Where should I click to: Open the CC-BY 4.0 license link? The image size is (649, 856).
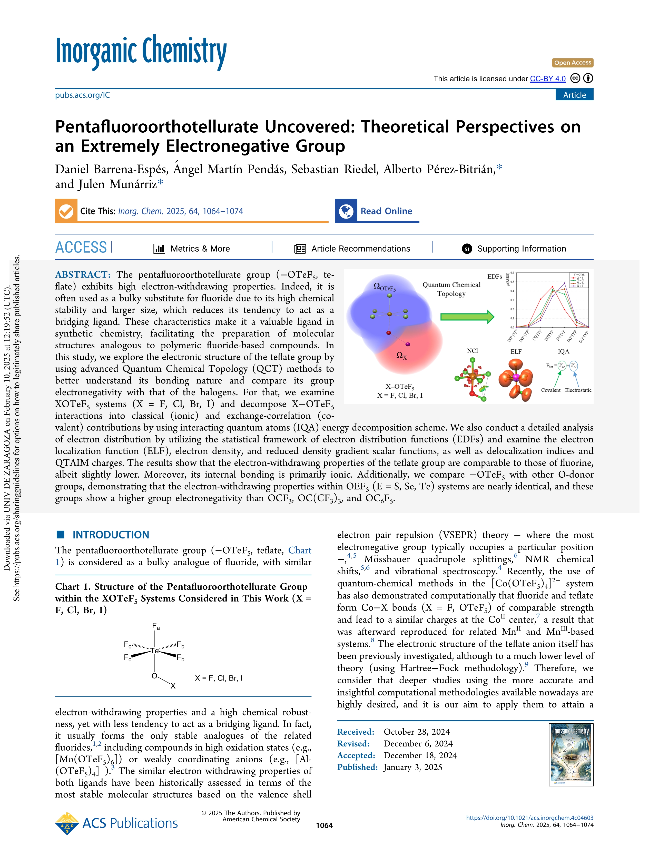click(548, 79)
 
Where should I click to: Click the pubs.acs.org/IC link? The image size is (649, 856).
click(82, 95)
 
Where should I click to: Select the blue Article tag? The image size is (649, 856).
click(574, 95)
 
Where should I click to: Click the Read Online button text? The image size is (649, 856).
click(386, 211)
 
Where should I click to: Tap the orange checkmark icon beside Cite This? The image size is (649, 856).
click(66, 211)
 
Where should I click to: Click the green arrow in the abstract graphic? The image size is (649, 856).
click(467, 317)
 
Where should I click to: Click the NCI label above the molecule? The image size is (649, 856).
click(472, 351)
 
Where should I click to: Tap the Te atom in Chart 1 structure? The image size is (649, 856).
click(154, 651)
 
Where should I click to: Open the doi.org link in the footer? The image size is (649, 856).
click(529, 818)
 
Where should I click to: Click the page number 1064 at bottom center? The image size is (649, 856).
click(324, 825)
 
